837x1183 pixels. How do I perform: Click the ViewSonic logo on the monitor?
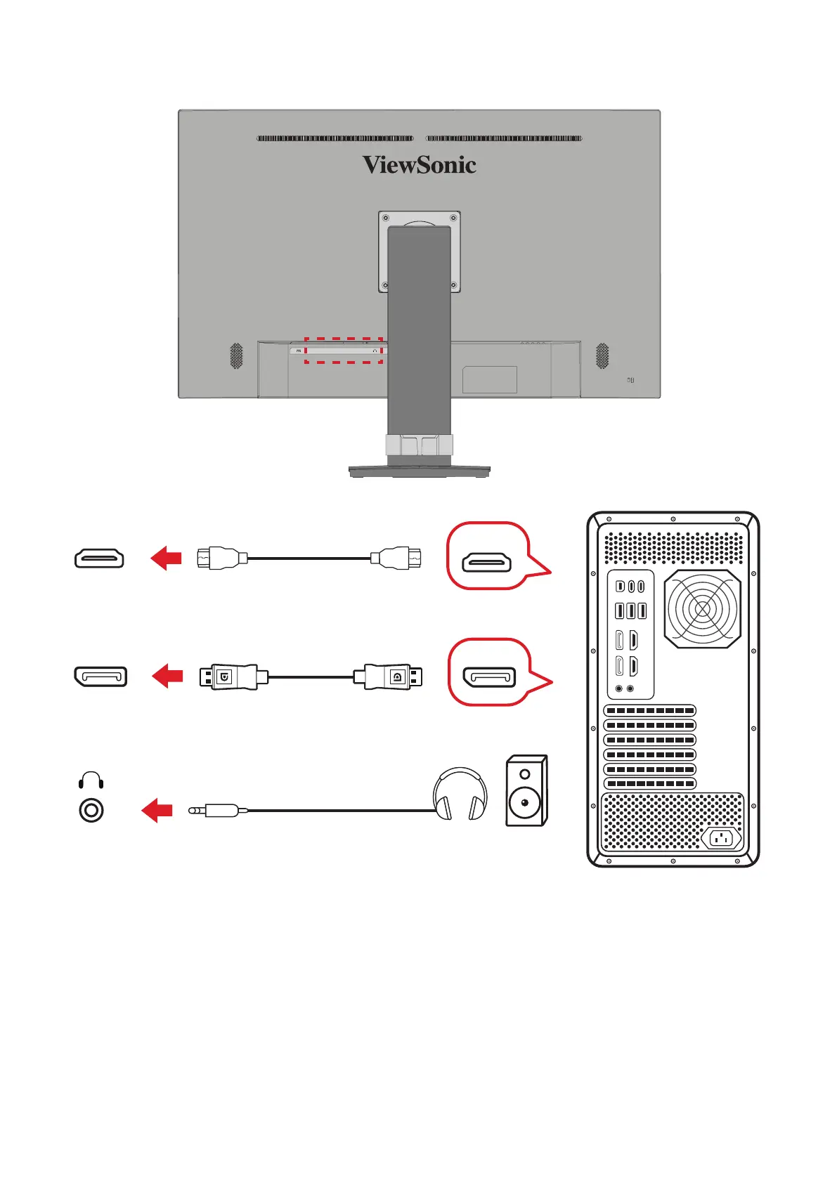click(419, 165)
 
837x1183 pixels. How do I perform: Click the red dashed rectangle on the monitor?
click(344, 351)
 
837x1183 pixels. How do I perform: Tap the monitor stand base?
click(419, 471)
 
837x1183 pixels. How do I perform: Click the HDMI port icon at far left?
click(99, 558)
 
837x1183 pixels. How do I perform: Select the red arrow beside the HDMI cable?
click(166, 558)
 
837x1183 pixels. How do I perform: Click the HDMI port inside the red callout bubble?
click(486, 562)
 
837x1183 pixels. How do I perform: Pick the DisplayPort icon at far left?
click(100, 677)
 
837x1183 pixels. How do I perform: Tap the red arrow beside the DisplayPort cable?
click(167, 677)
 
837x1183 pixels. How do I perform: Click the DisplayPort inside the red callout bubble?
click(489, 678)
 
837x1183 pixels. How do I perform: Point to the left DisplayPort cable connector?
click(228, 677)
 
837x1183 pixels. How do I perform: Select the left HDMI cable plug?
click(221, 558)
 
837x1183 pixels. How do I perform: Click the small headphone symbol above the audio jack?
click(91, 780)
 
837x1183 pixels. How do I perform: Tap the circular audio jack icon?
click(91, 811)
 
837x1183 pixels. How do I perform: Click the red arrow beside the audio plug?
click(157, 810)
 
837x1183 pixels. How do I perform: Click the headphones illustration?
click(460, 795)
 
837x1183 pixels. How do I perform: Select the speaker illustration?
click(526, 791)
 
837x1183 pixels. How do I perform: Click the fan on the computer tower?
click(702, 608)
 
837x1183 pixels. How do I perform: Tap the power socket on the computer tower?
click(721, 838)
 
